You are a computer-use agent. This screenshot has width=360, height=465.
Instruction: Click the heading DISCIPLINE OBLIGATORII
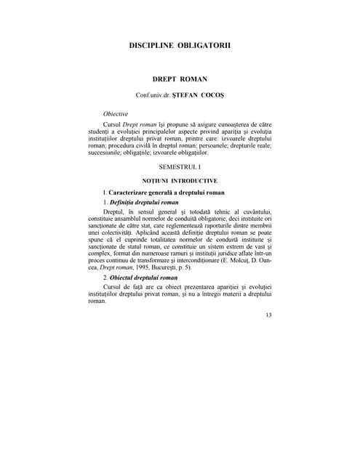(x=180, y=44)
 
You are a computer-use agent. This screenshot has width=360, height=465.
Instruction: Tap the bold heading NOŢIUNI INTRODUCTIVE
(x=180, y=179)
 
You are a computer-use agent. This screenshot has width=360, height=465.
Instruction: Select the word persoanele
(x=187, y=145)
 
